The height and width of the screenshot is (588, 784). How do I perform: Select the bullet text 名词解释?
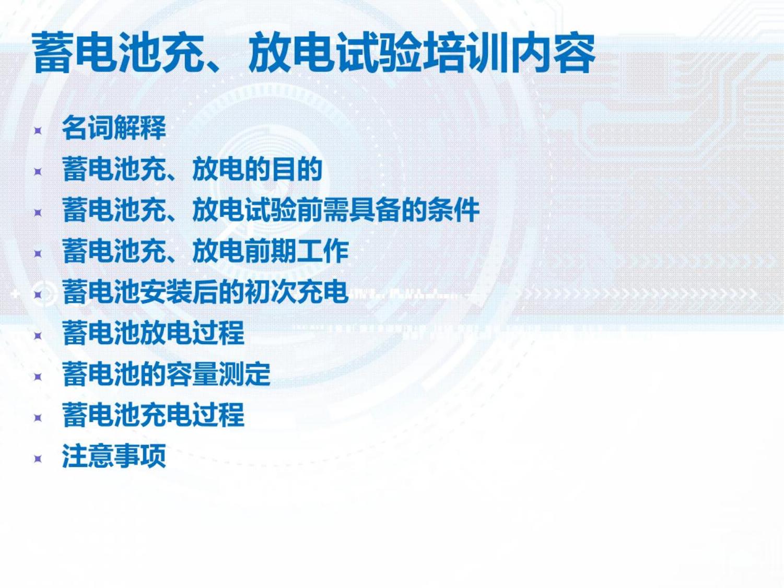(114, 127)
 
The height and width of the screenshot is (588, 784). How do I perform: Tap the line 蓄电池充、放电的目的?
(192, 169)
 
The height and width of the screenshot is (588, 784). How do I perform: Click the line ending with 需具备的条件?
(271, 210)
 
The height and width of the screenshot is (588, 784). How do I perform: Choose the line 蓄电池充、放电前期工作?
(205, 251)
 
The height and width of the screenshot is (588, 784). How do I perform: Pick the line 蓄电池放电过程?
(153, 333)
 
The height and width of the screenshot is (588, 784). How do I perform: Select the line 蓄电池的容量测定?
(166, 374)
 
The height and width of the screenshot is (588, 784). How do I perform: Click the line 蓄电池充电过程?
(153, 415)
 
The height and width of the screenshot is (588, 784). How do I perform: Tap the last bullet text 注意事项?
(114, 456)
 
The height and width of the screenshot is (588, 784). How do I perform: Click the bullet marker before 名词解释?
(38, 131)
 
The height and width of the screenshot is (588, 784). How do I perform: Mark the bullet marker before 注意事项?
(38, 459)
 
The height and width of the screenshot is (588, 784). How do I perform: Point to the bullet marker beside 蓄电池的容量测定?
(38, 377)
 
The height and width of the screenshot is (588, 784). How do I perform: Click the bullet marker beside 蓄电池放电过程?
(38, 336)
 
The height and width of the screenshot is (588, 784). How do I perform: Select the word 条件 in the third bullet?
(453, 210)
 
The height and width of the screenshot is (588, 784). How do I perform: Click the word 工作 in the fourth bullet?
(322, 251)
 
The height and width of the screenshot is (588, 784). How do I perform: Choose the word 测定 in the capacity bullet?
(244, 374)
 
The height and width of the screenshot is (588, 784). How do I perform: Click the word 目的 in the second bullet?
(297, 169)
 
